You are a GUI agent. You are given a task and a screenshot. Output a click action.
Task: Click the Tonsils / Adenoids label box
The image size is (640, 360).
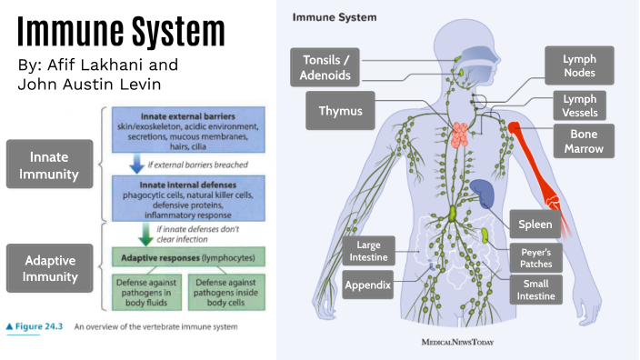tap(325, 67)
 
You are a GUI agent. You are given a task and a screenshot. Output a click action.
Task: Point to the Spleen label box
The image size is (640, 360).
tap(535, 224)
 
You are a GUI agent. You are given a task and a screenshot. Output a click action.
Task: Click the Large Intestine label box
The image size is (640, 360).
tap(367, 252)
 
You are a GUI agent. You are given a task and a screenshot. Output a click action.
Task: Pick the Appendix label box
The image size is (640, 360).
tap(367, 285)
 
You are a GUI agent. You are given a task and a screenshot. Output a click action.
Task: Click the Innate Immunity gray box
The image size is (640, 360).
tap(50, 164)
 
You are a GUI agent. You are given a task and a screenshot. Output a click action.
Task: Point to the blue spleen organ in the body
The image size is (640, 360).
tap(484, 194)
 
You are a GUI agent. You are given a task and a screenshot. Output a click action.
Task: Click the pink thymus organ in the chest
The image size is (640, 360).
tap(464, 134)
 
